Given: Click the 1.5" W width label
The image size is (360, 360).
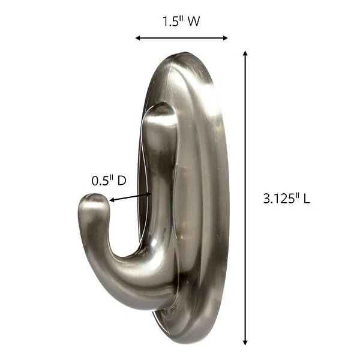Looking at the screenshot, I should [x=181, y=22].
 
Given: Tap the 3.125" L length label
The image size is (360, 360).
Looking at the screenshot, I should [x=286, y=199].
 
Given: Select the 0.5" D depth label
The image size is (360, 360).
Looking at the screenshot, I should [x=109, y=180].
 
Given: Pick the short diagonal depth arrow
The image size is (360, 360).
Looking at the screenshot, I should [x=128, y=199].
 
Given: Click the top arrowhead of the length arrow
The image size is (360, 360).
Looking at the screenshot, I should [x=245, y=54].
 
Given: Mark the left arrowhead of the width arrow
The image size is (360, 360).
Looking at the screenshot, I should [x=138, y=38].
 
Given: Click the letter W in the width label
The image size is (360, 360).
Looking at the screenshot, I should [x=193, y=22].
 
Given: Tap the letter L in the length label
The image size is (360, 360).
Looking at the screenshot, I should [x=306, y=199].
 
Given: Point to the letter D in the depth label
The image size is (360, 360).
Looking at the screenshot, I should [x=121, y=180].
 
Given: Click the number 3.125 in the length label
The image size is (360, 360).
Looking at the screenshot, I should [x=278, y=199].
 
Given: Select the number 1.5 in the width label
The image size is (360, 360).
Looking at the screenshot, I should [x=170, y=22].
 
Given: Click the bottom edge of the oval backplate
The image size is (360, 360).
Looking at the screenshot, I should [x=192, y=328].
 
